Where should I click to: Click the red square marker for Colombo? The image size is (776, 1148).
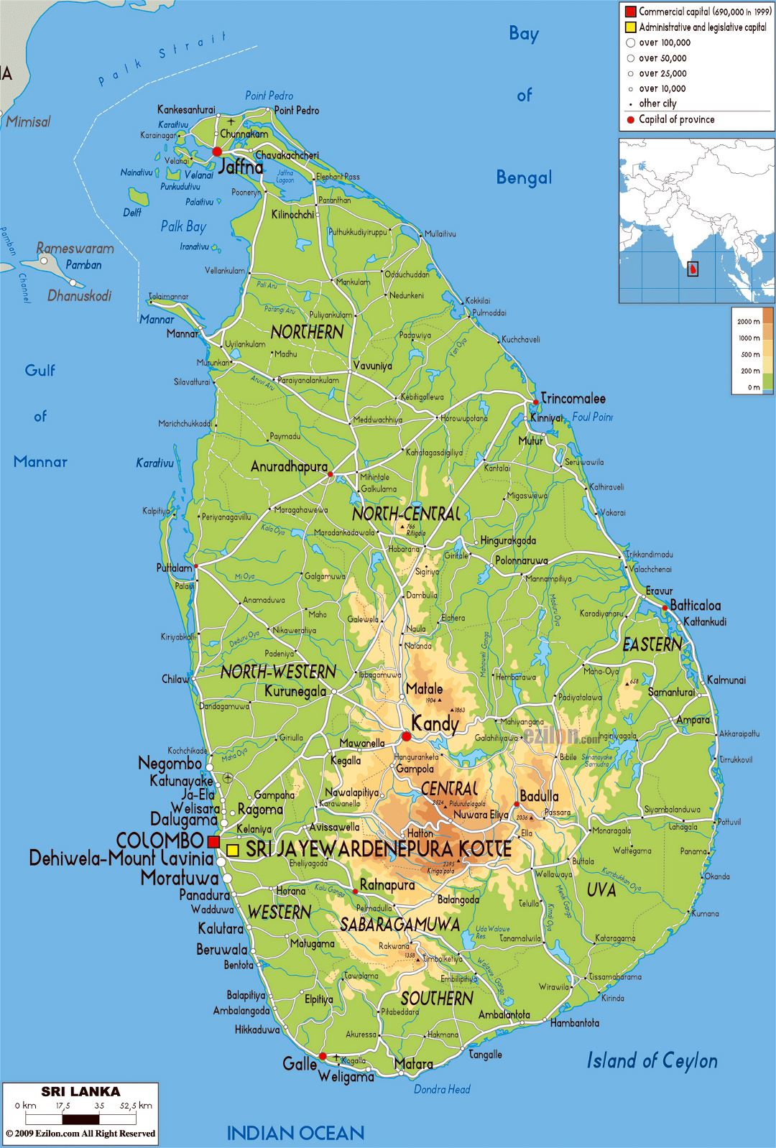click(x=213, y=841)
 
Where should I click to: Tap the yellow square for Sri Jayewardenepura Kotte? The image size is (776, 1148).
click(x=233, y=850)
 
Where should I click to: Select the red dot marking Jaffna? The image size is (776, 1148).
click(x=217, y=152)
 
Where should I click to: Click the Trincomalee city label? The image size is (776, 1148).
click(x=573, y=398)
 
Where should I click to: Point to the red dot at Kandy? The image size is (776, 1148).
click(x=407, y=736)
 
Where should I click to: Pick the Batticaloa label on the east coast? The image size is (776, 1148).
click(x=695, y=605)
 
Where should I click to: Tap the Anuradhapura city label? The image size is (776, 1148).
click(x=288, y=467)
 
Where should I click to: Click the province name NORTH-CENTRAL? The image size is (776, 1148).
click(x=405, y=514)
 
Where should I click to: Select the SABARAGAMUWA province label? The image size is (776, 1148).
click(x=399, y=924)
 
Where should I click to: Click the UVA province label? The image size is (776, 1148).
click(x=601, y=889)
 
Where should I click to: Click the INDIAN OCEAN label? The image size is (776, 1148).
click(x=295, y=1133)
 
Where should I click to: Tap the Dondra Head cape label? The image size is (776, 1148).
click(x=442, y=1089)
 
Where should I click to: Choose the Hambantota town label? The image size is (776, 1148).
click(x=575, y=1022)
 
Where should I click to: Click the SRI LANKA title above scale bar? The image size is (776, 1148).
click(x=80, y=1091)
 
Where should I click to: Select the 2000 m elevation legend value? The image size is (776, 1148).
click(x=748, y=322)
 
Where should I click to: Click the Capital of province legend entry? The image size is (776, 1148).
click(x=676, y=119)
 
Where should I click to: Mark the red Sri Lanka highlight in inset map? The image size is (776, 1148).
click(x=693, y=269)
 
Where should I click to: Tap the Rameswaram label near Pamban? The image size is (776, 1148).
click(x=75, y=249)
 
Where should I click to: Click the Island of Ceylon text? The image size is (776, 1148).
click(x=652, y=1060)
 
